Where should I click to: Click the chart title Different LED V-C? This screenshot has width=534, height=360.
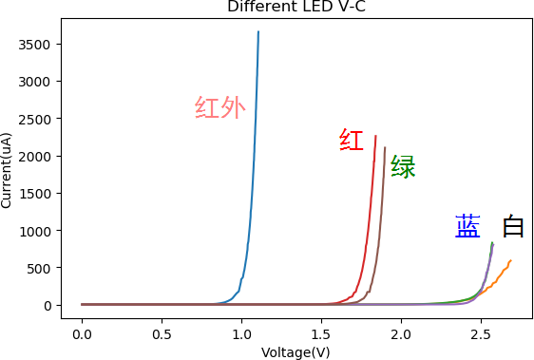pos(296,7)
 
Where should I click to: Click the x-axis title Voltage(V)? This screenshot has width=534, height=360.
pos(296,352)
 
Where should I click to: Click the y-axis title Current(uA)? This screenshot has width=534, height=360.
pos(7,170)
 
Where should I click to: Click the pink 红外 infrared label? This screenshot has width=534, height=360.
pos(219,108)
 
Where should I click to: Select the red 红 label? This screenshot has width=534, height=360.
pos(352,141)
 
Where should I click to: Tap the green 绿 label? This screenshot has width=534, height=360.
pos(403,167)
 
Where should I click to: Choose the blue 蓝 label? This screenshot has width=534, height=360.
pos(467,226)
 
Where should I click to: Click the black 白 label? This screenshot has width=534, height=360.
pos(513,226)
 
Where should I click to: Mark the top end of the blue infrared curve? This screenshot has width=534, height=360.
pos(257,32)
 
